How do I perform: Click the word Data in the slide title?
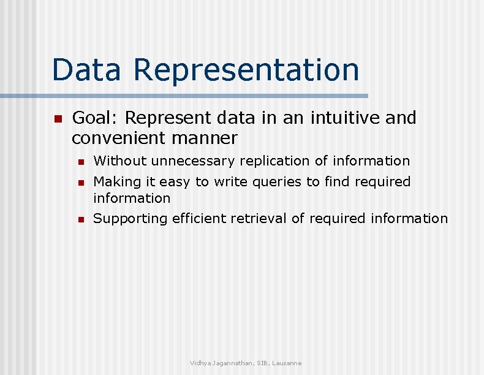tap(86, 69)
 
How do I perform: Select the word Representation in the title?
tap(246, 70)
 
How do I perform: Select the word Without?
tap(119, 161)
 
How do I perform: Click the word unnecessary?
tap(193, 162)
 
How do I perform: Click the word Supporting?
tap(130, 219)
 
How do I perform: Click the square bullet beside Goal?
tap(58, 118)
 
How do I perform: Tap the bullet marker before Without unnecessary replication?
tap(80, 162)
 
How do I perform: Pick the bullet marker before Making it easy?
tap(80, 183)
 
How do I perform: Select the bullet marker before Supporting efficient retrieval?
tap(80, 219)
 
